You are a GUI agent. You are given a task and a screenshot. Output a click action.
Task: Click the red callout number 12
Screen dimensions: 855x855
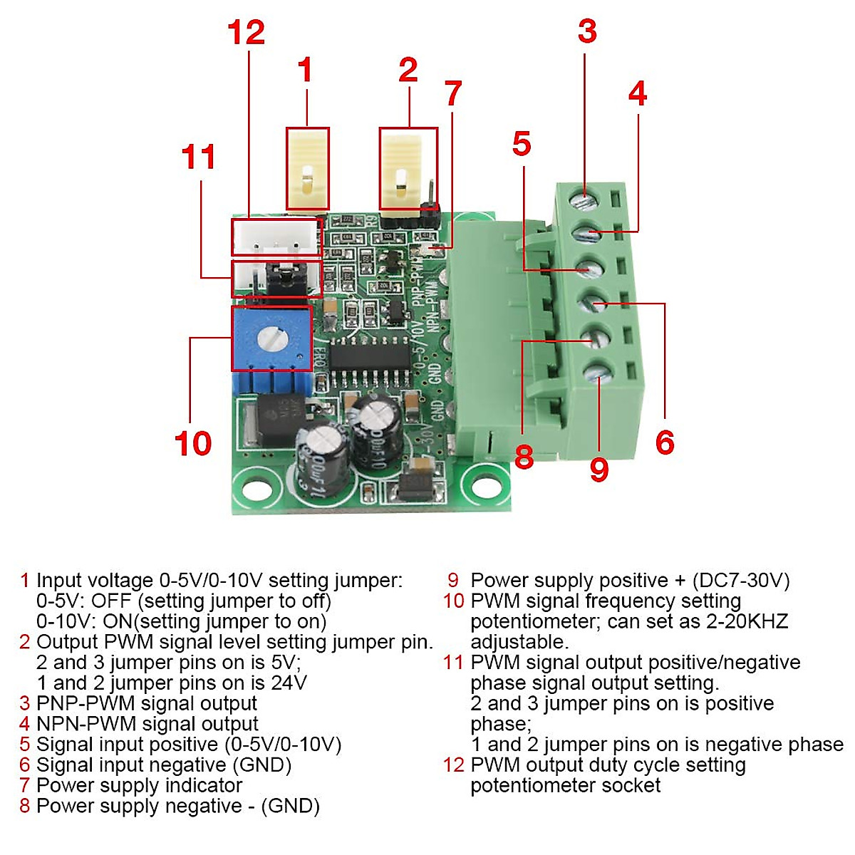pyautogui.click(x=246, y=33)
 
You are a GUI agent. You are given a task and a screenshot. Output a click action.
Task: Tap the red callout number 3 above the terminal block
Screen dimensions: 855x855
pyautogui.click(x=586, y=31)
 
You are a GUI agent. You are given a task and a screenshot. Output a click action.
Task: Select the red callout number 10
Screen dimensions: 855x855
pyautogui.click(x=192, y=443)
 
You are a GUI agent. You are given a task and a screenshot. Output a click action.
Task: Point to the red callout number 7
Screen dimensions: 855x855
pyautogui.click(x=453, y=93)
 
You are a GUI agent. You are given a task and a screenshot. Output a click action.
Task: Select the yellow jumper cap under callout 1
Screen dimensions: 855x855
pyautogui.click(x=307, y=169)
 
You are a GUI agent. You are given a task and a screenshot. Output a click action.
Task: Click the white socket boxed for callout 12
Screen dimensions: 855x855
pyautogui.click(x=276, y=237)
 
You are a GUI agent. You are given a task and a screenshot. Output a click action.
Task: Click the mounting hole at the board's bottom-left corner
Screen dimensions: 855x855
pyautogui.click(x=256, y=489)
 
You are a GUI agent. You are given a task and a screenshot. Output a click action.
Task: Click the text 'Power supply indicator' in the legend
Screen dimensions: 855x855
pyautogui.click(x=139, y=785)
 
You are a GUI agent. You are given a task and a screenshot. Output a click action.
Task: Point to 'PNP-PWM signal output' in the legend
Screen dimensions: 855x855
pyautogui.click(x=146, y=703)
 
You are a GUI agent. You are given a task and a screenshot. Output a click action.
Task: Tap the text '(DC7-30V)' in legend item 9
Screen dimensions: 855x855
pyautogui.click(x=740, y=580)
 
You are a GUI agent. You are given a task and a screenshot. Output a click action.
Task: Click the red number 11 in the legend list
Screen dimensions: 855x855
pyautogui.click(x=453, y=662)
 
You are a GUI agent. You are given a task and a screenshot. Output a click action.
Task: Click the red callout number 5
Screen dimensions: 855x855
pyautogui.click(x=522, y=144)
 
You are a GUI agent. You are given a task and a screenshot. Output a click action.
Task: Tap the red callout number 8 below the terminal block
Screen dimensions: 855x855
pyautogui.click(x=524, y=457)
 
